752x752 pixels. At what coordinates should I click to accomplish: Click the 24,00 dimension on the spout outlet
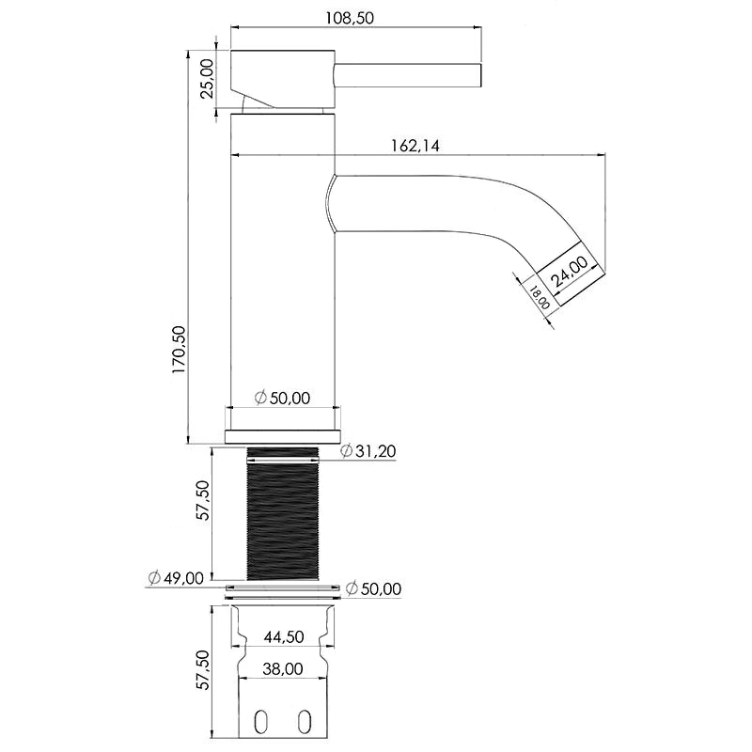click(x=570, y=273)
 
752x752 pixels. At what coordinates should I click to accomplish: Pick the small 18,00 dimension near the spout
click(x=539, y=298)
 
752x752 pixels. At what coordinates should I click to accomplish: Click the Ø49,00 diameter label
click(x=176, y=577)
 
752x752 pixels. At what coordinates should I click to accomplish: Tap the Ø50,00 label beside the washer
click(x=373, y=588)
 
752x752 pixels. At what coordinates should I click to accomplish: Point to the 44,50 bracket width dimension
click(x=283, y=636)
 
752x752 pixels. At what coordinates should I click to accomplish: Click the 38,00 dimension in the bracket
click(x=283, y=669)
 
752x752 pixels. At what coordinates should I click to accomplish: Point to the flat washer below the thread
click(x=283, y=591)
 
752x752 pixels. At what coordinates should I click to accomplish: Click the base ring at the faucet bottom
click(x=283, y=436)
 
